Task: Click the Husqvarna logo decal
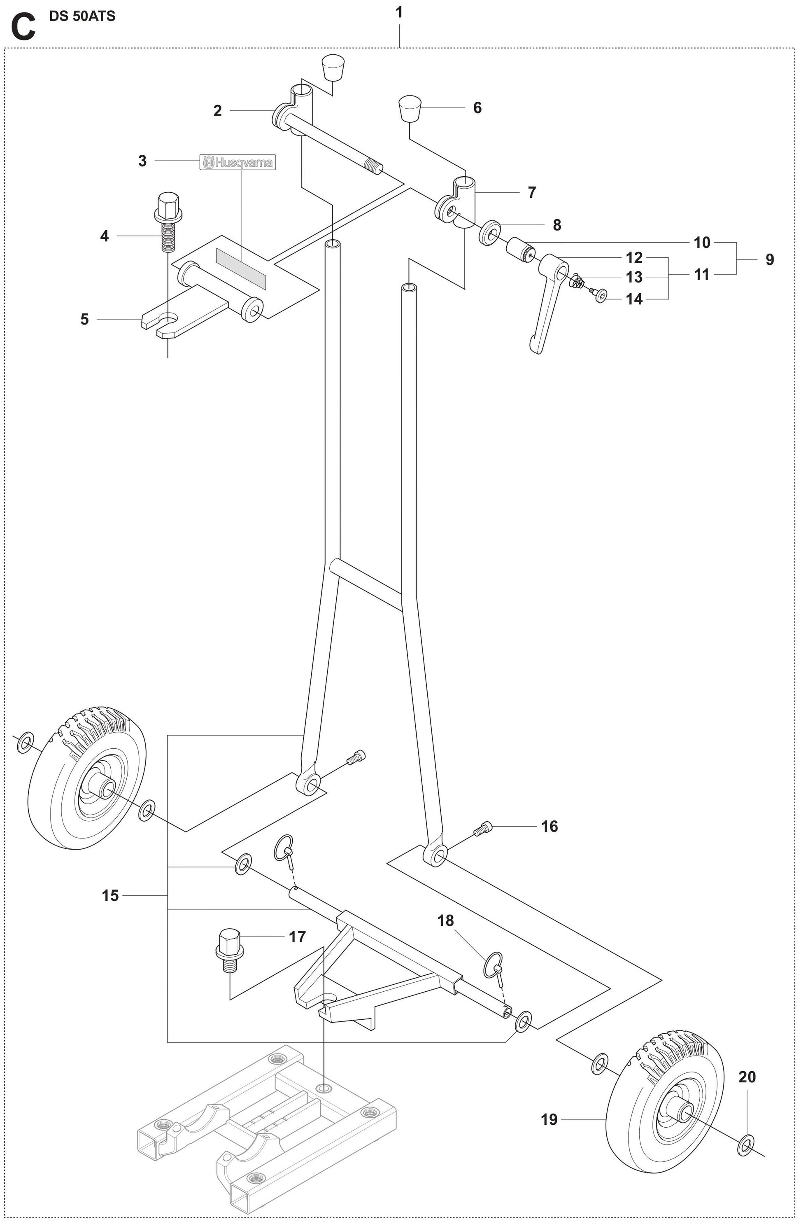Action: (x=238, y=163)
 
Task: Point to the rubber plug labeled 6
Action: (x=409, y=108)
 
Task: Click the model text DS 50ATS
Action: (x=82, y=16)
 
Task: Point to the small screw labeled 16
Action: (x=483, y=827)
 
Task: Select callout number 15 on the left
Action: (x=110, y=895)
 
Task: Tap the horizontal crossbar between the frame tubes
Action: (x=366, y=583)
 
